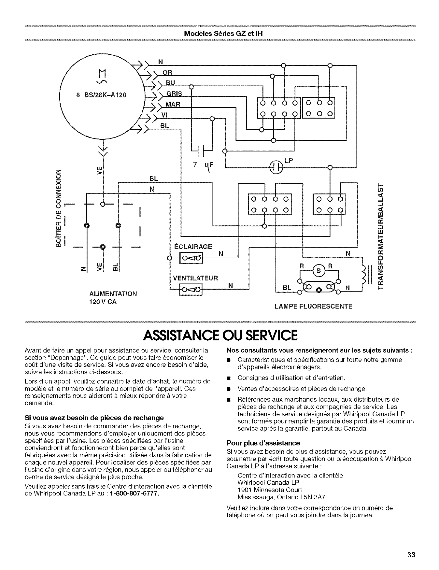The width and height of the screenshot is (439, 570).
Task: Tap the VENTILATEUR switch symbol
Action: [x=191, y=289]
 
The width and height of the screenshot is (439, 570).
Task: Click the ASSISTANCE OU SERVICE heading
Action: [x=219, y=335]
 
